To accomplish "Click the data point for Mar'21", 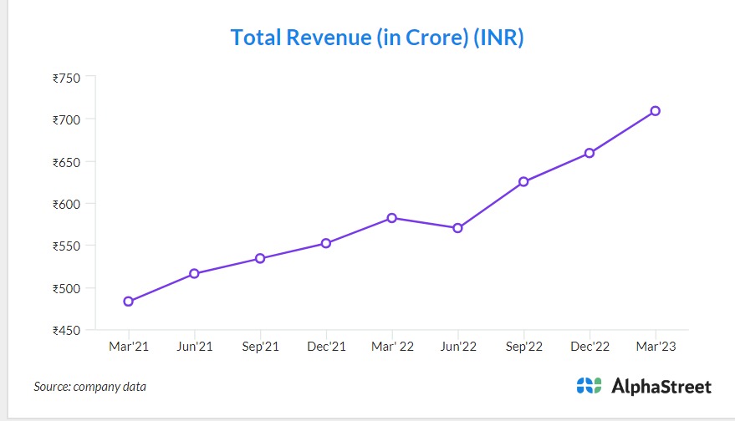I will [x=129, y=302].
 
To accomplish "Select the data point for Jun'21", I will [x=194, y=274].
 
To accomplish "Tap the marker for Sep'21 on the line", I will [x=260, y=259].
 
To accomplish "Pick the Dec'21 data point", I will [x=326, y=244].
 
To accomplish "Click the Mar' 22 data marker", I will [x=391, y=218].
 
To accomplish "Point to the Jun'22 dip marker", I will [x=457, y=228].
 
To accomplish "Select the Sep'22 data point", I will [x=523, y=182].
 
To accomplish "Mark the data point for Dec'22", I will [x=590, y=153].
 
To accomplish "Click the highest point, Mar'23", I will [x=656, y=111].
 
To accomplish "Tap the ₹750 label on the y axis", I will [x=66, y=79].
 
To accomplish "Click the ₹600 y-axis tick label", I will [x=66, y=205].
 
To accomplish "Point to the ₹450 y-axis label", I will [x=66, y=331].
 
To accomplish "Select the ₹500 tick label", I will [x=66, y=289].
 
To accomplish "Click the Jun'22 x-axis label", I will [x=457, y=347].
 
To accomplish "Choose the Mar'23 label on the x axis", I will [x=656, y=347].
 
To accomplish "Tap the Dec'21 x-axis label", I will [x=326, y=347].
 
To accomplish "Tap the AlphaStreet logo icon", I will [x=589, y=386].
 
